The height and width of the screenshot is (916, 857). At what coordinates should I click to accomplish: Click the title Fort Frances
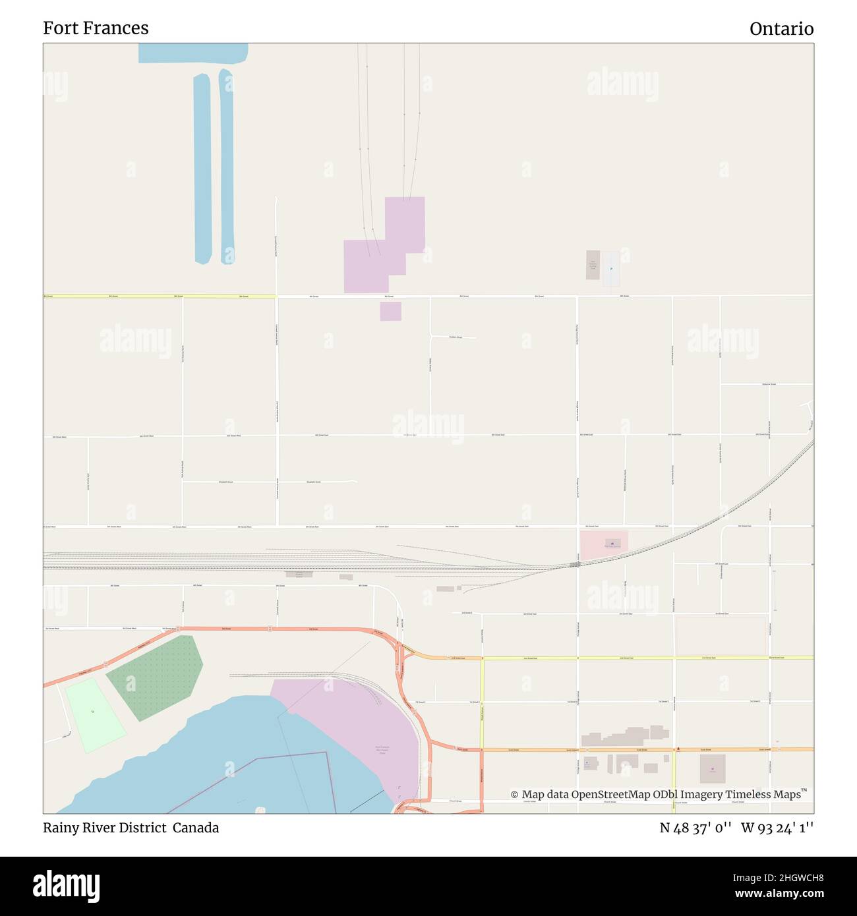click(96, 28)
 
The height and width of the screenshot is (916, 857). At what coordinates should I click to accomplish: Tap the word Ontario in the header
click(781, 29)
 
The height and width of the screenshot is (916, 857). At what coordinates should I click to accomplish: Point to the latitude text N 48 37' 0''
click(695, 828)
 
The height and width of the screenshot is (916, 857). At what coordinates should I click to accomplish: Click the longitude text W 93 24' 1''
click(777, 828)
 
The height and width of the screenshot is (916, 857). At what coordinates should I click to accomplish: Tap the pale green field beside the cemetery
click(94, 715)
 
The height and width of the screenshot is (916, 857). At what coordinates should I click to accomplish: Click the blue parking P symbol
click(611, 269)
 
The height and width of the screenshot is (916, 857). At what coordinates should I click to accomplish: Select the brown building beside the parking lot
click(593, 265)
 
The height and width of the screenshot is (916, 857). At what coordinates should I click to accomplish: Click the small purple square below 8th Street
click(390, 311)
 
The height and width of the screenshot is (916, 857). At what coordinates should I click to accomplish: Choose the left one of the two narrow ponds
click(202, 168)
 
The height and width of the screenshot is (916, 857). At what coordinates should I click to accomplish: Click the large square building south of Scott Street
click(712, 768)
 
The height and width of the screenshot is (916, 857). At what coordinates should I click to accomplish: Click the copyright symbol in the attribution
click(514, 795)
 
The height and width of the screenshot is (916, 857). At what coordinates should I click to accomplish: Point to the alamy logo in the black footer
click(67, 884)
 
